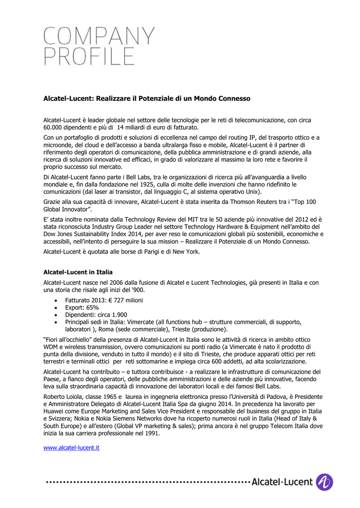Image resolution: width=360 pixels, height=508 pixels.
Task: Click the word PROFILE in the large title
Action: (x=89, y=57)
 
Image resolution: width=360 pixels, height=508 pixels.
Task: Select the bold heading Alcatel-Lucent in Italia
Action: (x=78, y=272)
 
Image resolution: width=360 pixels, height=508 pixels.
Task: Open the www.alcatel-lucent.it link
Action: (x=72, y=447)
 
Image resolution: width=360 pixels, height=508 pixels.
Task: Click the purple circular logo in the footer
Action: (x=325, y=482)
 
